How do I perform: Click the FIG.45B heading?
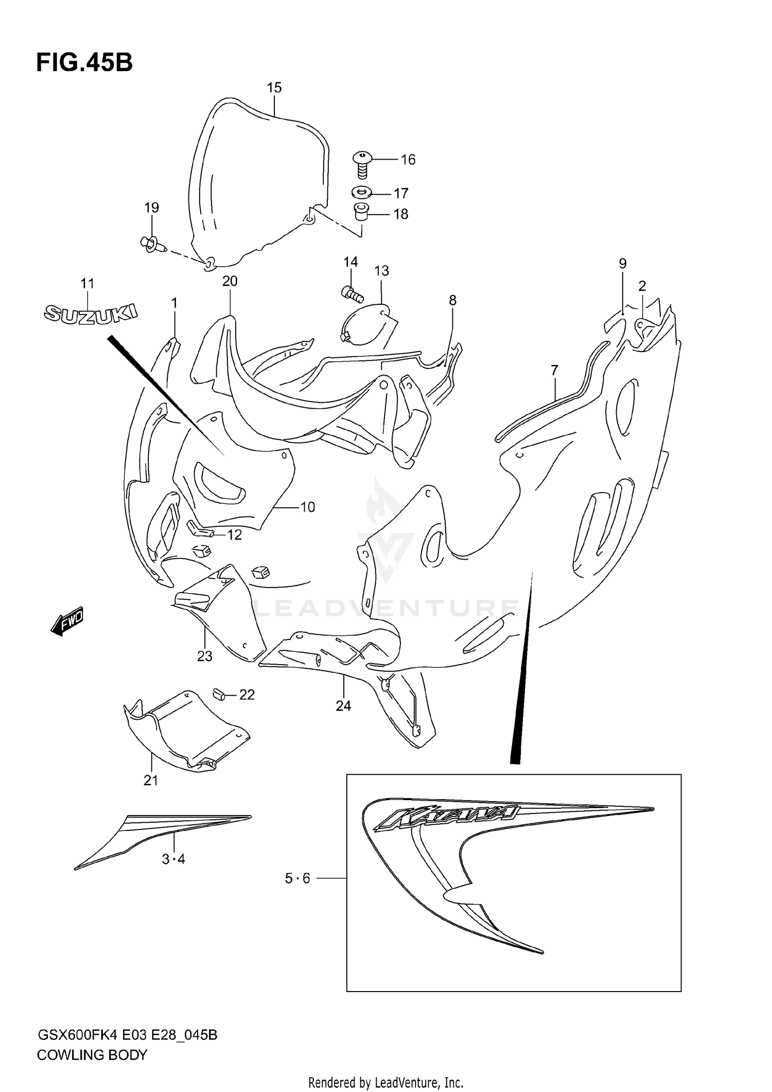tap(84, 63)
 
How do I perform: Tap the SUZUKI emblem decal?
tap(91, 313)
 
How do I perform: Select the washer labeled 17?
tap(362, 193)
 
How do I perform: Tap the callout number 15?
tap(274, 88)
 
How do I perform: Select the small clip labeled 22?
tap(220, 694)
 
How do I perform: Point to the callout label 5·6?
tap(297, 878)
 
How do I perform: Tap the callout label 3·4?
tap(173, 859)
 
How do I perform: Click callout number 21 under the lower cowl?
tap(151, 781)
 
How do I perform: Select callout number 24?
tap(343, 706)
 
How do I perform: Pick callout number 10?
tap(307, 507)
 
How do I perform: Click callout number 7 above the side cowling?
tap(554, 370)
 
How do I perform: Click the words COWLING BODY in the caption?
tap(92, 1055)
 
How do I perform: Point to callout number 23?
tap(205, 656)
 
